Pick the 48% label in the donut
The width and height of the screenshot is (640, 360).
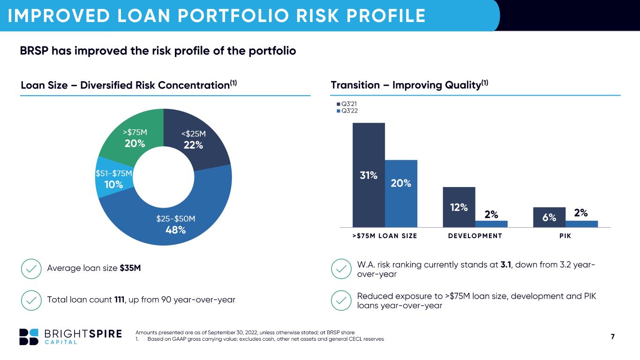click(x=176, y=230)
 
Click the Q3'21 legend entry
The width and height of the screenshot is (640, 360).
click(x=347, y=104)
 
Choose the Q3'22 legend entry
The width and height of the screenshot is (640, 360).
click(x=347, y=111)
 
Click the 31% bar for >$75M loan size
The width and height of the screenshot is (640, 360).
click(x=369, y=175)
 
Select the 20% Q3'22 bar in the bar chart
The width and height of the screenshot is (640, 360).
click(x=401, y=194)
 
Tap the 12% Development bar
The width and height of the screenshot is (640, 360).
click(x=459, y=207)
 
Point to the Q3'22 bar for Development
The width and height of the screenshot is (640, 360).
click(x=491, y=224)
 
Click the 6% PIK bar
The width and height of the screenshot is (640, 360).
click(x=549, y=217)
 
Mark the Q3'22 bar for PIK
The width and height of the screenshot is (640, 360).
click(x=582, y=224)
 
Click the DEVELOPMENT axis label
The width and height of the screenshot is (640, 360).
click(x=475, y=236)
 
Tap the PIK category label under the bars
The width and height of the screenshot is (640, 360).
click(x=565, y=236)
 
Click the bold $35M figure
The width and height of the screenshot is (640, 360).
click(x=130, y=268)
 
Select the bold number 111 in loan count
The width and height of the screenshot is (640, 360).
click(x=120, y=300)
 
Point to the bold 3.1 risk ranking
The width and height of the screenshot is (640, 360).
click(x=506, y=265)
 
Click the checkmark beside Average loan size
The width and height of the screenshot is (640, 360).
click(x=31, y=269)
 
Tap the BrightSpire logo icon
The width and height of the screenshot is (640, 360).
click(x=29, y=337)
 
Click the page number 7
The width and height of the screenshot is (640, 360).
click(x=612, y=337)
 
